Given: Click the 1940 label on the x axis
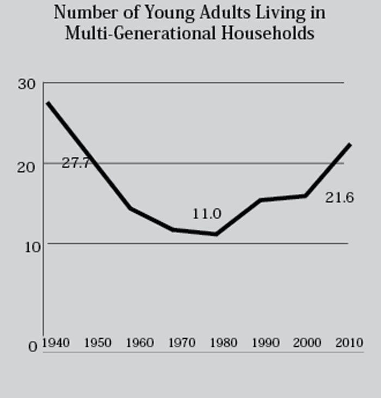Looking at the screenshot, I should [x=55, y=343].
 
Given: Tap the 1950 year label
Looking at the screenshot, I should [x=97, y=343].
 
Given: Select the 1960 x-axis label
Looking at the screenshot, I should [x=139, y=343].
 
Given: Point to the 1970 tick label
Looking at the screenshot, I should [x=181, y=343].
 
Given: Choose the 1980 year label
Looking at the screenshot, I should [x=223, y=343].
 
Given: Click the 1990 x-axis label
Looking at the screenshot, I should [x=266, y=343].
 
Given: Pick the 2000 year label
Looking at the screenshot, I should [x=307, y=343].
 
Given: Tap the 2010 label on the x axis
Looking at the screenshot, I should [x=349, y=343].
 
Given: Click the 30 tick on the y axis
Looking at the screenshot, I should [x=27, y=85].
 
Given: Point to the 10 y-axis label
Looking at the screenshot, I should [x=27, y=246].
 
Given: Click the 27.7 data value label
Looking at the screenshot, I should [x=75, y=164].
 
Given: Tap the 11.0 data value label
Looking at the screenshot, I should [x=207, y=214].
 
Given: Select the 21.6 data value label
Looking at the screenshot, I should [x=340, y=197].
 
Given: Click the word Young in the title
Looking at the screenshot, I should [x=162, y=13].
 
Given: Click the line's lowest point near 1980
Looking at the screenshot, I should [x=216, y=234].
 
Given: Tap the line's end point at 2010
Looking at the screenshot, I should [x=350, y=144].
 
